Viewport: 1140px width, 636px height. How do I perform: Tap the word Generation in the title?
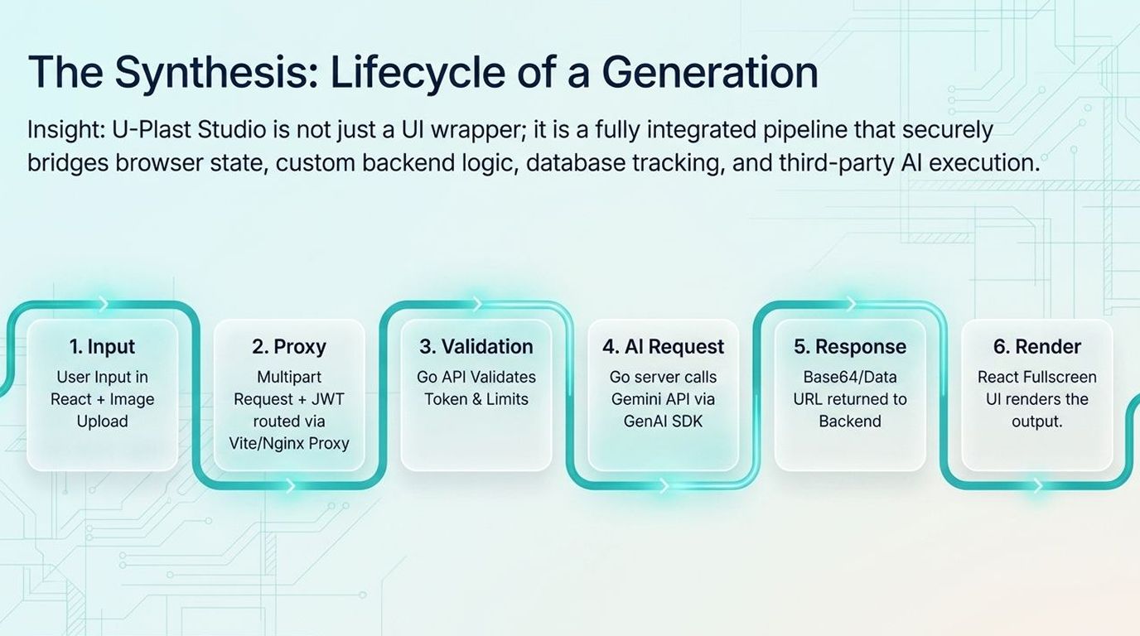pyautogui.click(x=710, y=72)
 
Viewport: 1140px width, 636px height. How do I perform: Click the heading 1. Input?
pyautogui.click(x=102, y=346)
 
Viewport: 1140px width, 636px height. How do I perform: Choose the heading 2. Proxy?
pyautogui.click(x=289, y=347)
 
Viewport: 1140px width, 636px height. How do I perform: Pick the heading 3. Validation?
pyautogui.click(x=476, y=346)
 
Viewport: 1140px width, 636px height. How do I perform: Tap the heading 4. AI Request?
pyautogui.click(x=663, y=347)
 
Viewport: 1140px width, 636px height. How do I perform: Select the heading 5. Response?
pyautogui.click(x=850, y=347)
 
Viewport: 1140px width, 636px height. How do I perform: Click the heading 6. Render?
pyautogui.click(x=1037, y=346)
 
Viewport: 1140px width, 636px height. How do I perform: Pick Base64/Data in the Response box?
pyautogui.click(x=850, y=377)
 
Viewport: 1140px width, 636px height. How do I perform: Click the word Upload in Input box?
pyautogui.click(x=102, y=422)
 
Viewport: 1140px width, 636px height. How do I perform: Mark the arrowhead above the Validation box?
pyautogui.click(x=477, y=304)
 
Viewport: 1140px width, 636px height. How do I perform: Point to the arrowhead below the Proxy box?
pyautogui.click(x=290, y=486)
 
